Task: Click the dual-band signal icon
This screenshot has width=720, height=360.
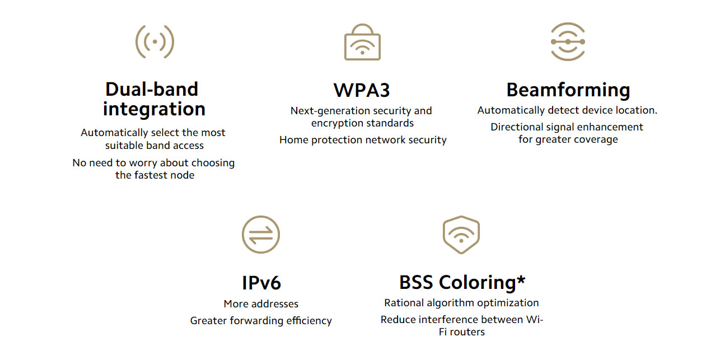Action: (155, 41)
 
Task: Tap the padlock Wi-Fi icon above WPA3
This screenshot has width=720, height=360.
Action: (362, 42)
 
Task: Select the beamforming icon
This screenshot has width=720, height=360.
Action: (568, 41)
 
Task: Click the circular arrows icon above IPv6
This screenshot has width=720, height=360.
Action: (261, 235)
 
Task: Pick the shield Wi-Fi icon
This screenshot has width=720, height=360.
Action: (461, 235)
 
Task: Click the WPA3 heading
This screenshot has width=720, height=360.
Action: (362, 90)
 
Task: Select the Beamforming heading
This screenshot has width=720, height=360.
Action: (568, 90)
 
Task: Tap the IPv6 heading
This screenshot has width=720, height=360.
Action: (261, 283)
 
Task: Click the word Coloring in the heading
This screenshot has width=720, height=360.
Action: (478, 283)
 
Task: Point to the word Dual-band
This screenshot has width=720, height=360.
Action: (152, 89)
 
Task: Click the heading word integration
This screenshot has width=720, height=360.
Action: (155, 109)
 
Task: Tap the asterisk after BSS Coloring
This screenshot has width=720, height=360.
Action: (521, 279)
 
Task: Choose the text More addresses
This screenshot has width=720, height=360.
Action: (261, 304)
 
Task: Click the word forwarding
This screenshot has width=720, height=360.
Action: (257, 321)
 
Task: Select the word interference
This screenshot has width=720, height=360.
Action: (448, 320)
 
